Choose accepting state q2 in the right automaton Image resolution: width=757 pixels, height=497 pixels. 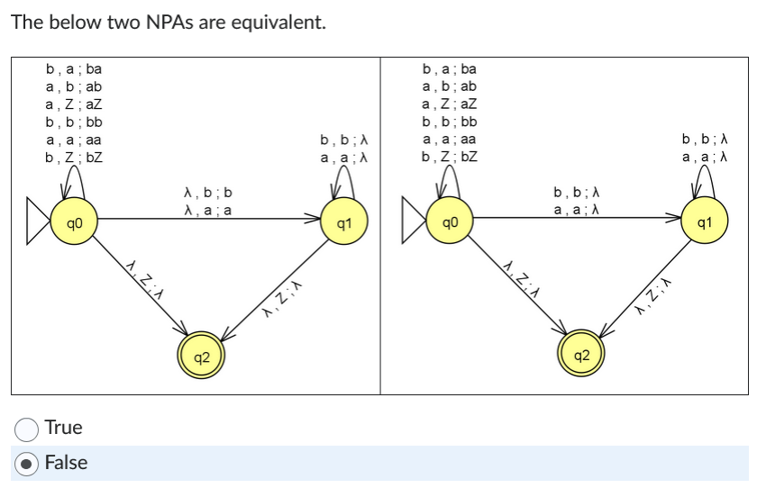(x=581, y=357)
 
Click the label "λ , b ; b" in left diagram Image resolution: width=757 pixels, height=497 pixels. (x=207, y=193)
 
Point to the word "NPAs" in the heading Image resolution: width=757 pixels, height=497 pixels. (x=148, y=23)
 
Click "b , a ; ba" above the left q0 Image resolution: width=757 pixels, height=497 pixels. (x=74, y=68)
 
